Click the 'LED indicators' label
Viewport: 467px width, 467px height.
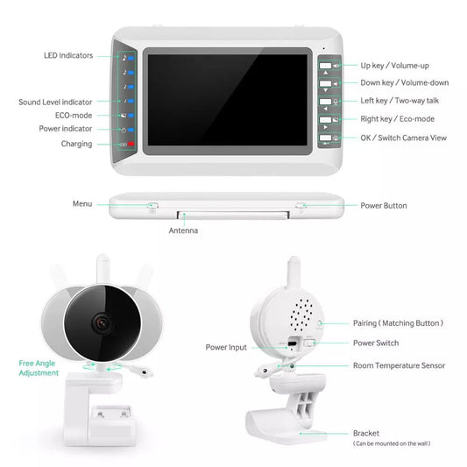pos(67,56)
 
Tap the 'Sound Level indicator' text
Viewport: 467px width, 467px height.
pos(54,102)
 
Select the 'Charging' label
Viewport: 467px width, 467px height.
pos(76,144)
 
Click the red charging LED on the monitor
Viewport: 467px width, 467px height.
pos(131,143)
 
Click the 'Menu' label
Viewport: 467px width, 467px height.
pos(82,203)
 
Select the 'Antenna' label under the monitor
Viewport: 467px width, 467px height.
pos(183,230)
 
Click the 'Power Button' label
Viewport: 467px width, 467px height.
pos(384,206)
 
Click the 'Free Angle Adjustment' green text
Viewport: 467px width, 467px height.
pos(39,368)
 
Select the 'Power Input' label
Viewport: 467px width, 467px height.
pos(227,348)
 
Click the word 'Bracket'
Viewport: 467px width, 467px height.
pos(366,433)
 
